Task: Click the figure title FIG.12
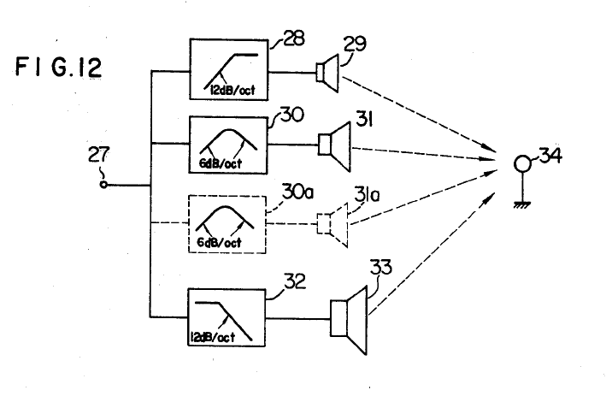coord(59,67)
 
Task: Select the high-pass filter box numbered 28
coord(226,71)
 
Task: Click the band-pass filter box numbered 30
coord(226,145)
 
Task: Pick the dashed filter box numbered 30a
coord(226,224)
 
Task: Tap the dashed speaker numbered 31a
coord(333,224)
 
